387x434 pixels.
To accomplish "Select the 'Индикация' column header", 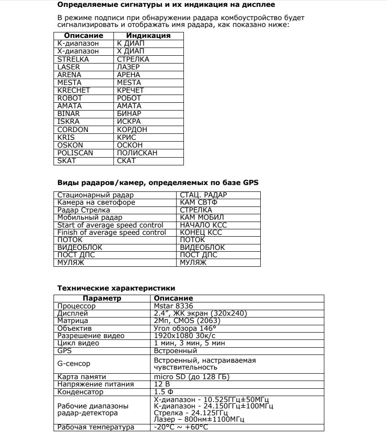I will coord(148,35).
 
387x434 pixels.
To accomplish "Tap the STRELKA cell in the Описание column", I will coord(68,59).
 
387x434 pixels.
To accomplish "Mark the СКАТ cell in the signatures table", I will coord(126,160).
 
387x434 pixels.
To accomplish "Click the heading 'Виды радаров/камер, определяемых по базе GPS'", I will coord(158,183).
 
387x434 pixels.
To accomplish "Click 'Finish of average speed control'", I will coord(111,233).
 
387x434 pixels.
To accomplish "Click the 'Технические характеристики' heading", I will coord(116,288).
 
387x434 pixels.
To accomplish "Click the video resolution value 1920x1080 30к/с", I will coord(181,336).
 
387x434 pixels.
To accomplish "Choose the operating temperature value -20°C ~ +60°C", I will coord(181,427).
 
